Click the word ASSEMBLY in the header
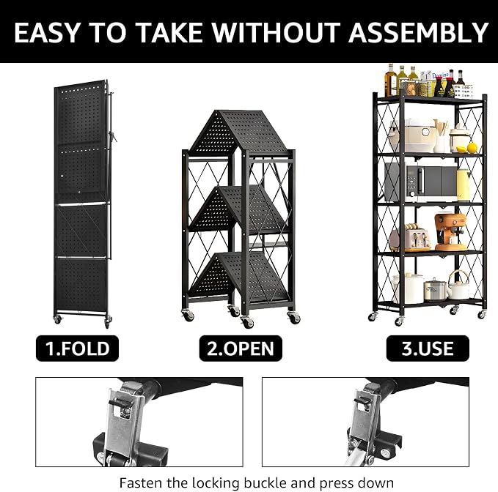coord(418,32)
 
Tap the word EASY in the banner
coord(46,32)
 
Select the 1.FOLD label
coord(77,348)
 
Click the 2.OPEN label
coord(241,348)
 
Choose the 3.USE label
coord(428,348)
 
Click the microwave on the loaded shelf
coord(421,182)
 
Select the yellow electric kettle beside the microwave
coord(464,184)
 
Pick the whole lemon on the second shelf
coord(472,147)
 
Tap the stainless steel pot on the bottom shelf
coord(433,289)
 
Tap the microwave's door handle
coord(422,182)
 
